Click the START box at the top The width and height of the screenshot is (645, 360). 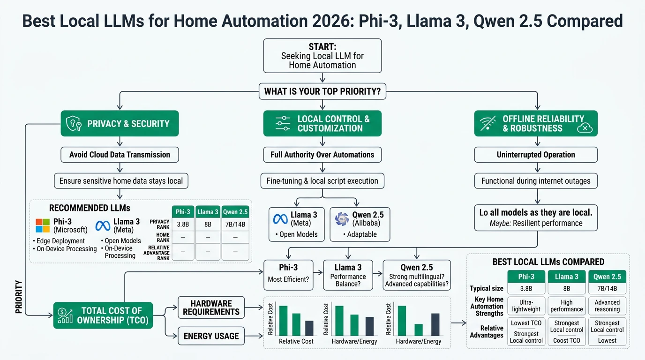(322, 56)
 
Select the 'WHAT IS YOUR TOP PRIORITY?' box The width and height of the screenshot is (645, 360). (322, 91)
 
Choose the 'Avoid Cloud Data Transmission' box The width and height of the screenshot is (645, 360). (120, 155)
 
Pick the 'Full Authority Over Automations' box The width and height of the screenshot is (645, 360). (322, 155)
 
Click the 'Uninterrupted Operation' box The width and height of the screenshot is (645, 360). (536, 155)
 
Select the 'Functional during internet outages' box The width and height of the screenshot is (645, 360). (536, 181)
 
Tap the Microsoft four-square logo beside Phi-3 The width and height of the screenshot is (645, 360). (43, 225)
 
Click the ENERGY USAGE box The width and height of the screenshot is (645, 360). (211, 336)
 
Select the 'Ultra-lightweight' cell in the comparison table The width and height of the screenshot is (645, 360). (526, 306)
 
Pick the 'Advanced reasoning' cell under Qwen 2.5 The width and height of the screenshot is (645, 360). (607, 306)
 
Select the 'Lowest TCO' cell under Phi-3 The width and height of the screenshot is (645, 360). (526, 323)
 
